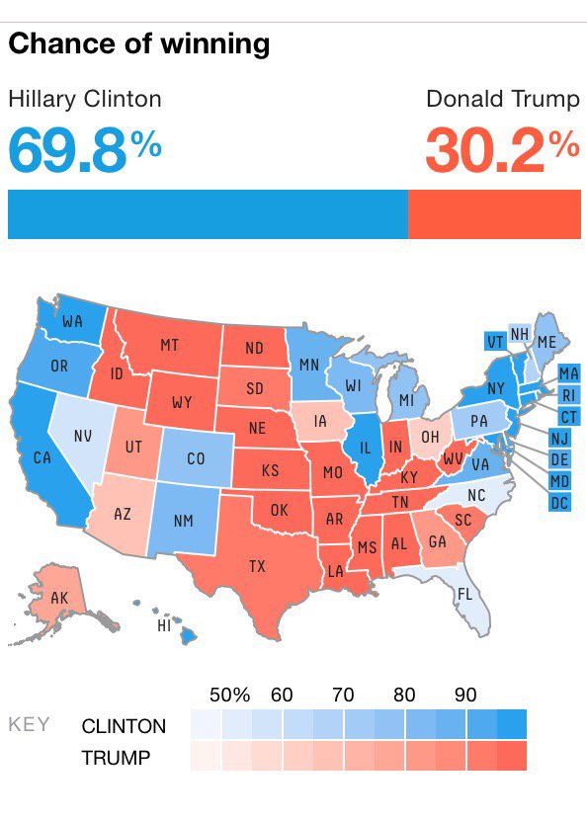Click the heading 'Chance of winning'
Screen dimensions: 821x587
(139, 44)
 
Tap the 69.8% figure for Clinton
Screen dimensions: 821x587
(85, 148)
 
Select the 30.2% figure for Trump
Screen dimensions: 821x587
(502, 148)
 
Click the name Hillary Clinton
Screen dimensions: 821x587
(85, 99)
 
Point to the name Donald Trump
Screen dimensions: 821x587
(502, 99)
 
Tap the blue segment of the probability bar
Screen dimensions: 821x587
(208, 214)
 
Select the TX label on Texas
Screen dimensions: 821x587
(257, 566)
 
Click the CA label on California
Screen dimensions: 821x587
(42, 457)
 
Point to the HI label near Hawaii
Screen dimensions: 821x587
(165, 626)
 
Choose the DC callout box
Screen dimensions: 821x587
(558, 503)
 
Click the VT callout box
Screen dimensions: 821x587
(495, 342)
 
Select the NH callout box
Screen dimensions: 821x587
(520, 334)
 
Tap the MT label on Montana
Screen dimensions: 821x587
(169, 345)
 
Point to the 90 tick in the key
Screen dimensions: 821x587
(465, 695)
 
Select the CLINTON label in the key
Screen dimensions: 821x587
(124, 726)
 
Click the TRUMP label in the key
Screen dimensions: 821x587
(117, 758)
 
